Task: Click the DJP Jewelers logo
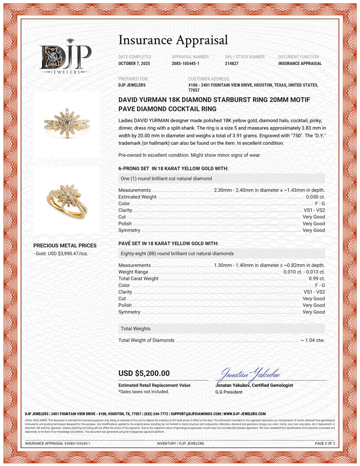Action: (x=66, y=57)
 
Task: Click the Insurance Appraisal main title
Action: (x=173, y=40)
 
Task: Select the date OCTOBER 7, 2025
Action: (x=134, y=64)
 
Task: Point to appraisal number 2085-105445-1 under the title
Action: (x=185, y=64)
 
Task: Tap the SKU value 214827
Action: (x=232, y=64)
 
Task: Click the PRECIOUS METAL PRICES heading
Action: (x=65, y=246)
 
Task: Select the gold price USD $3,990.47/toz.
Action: (x=61, y=254)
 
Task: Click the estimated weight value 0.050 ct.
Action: (x=315, y=197)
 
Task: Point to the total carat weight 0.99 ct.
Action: (x=317, y=278)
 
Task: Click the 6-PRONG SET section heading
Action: (x=173, y=169)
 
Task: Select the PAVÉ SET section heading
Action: (x=168, y=243)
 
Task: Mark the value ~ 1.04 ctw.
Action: (x=313, y=340)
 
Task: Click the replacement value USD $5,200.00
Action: (x=144, y=373)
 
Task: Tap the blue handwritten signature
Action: (x=250, y=375)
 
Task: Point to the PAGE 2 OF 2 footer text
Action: (x=325, y=443)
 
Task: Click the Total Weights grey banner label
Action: (x=136, y=329)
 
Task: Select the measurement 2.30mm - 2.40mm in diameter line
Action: (x=269, y=190)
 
